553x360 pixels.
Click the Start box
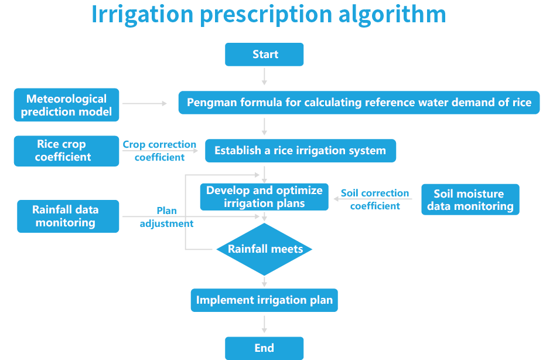tap(264, 55)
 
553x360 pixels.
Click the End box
tap(264, 348)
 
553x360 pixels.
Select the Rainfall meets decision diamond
tap(264, 249)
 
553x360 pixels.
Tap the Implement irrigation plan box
tap(264, 301)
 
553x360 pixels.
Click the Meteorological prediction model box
tap(66, 106)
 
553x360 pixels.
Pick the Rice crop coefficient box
tap(66, 151)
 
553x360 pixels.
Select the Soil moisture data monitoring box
tap(470, 200)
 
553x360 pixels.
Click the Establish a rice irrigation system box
tap(300, 151)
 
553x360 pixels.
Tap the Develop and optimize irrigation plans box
tap(264, 197)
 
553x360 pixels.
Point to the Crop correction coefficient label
tap(159, 151)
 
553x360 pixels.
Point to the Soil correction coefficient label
tap(375, 200)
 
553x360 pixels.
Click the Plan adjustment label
tap(166, 217)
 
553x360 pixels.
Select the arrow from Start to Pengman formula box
tap(264, 76)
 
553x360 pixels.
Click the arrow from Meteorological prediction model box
tap(145, 103)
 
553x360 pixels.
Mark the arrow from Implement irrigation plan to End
tap(264, 324)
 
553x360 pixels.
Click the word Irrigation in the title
tap(142, 14)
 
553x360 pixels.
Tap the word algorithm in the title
tap(392, 14)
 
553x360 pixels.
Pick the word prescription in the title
tap(267, 14)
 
